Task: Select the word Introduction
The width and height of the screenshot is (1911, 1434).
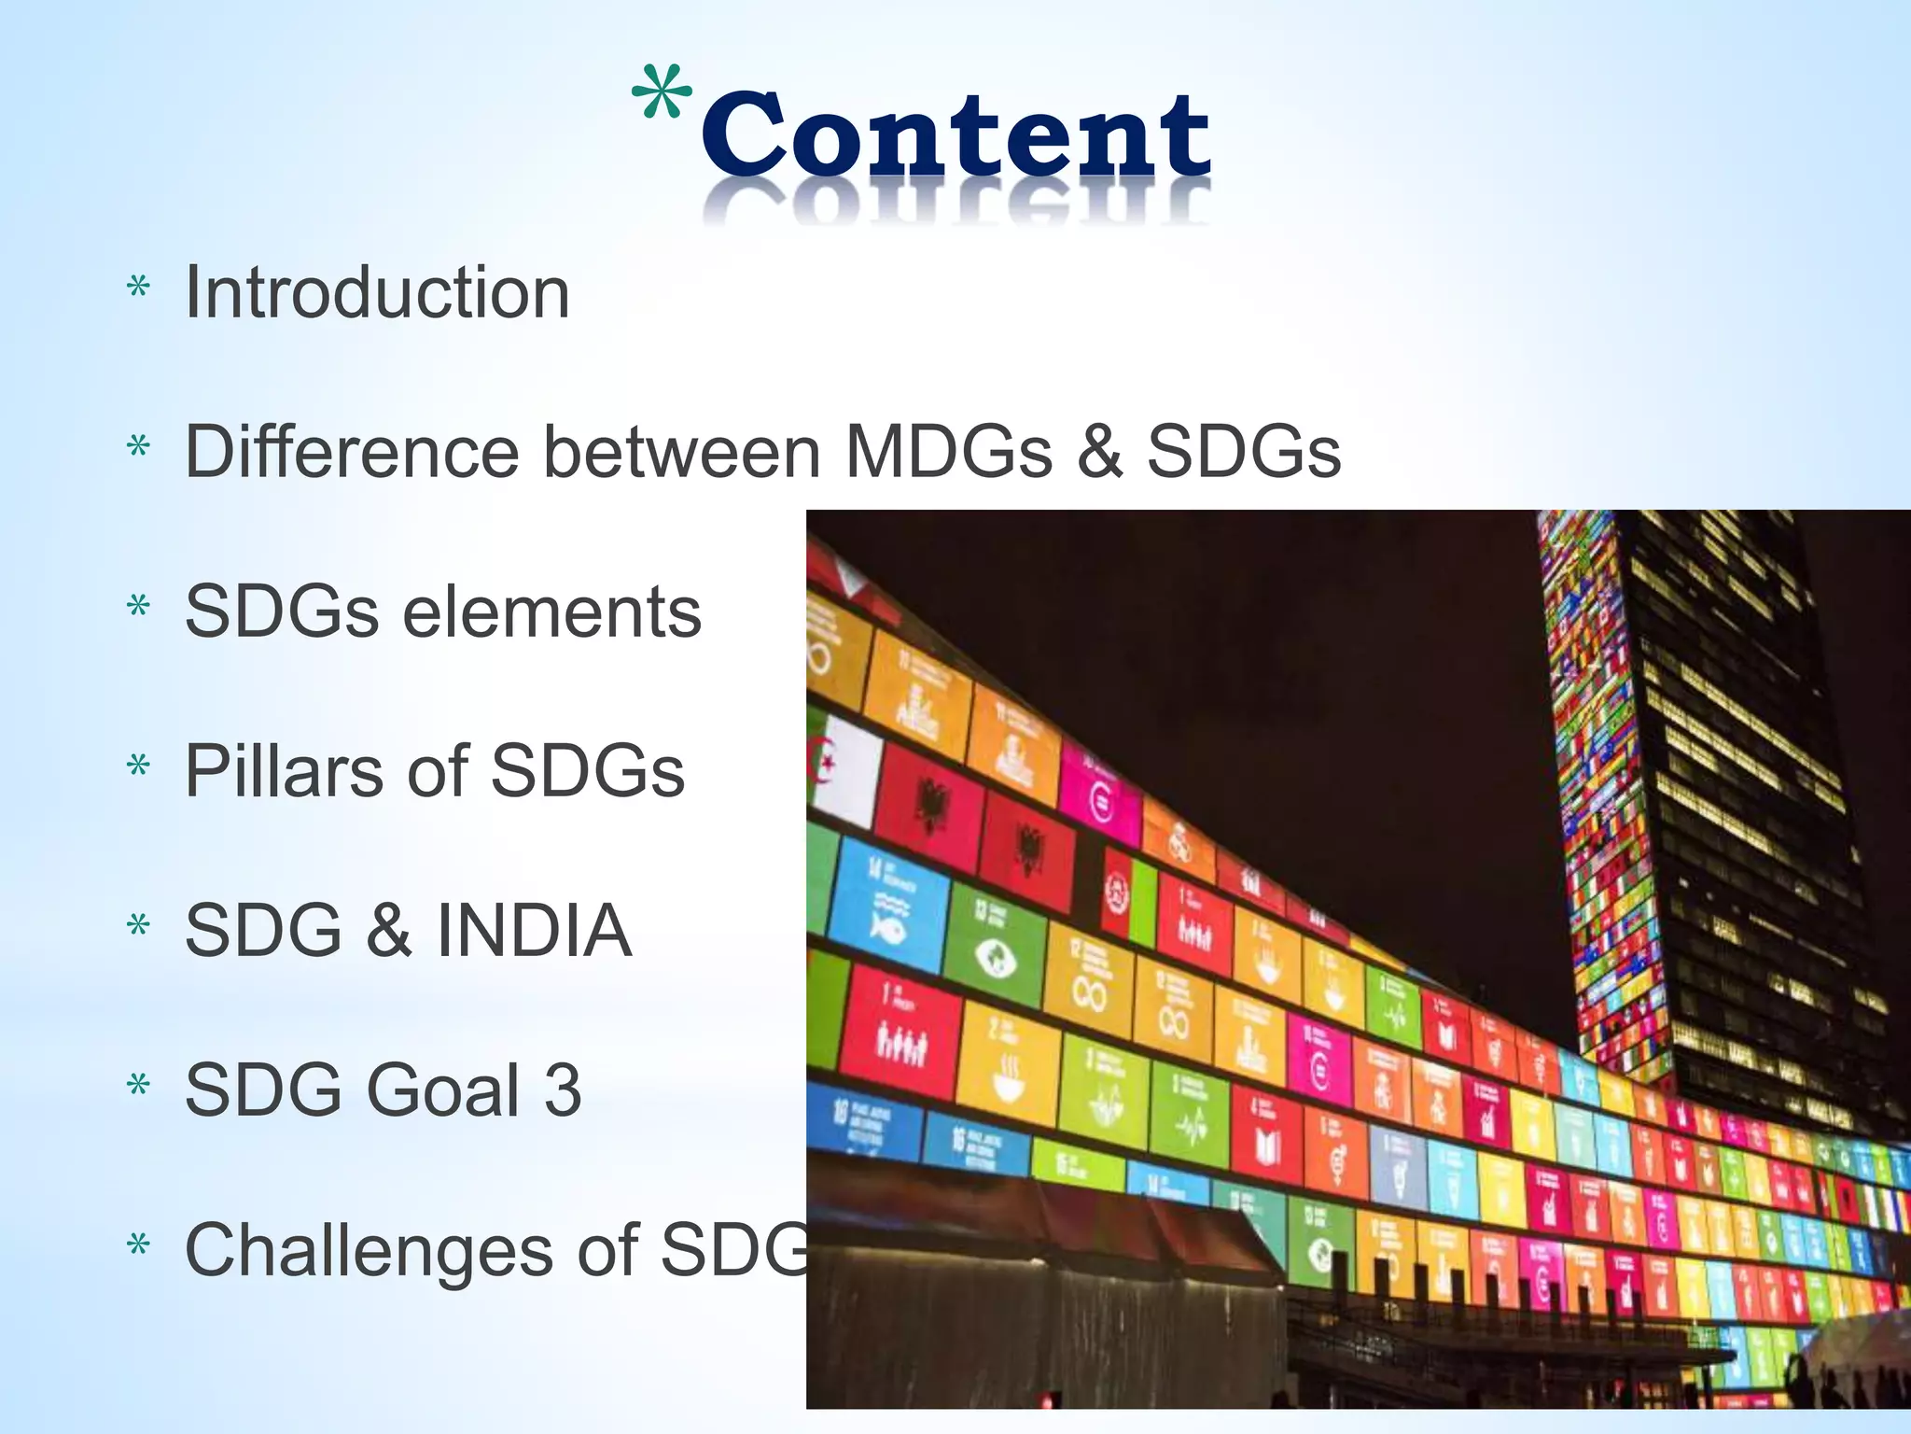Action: (x=377, y=292)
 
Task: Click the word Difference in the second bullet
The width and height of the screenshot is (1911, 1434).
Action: (x=352, y=451)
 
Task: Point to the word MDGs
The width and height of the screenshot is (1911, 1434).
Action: (x=948, y=451)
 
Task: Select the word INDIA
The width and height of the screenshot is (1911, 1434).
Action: (x=534, y=931)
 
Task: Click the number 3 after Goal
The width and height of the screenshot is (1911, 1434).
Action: (x=562, y=1090)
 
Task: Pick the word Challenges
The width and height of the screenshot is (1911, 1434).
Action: (x=369, y=1250)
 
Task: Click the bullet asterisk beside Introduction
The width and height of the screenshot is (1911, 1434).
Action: (x=139, y=288)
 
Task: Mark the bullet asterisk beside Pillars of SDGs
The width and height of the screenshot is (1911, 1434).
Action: (x=139, y=766)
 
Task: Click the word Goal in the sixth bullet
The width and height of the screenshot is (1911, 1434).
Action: (x=443, y=1090)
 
